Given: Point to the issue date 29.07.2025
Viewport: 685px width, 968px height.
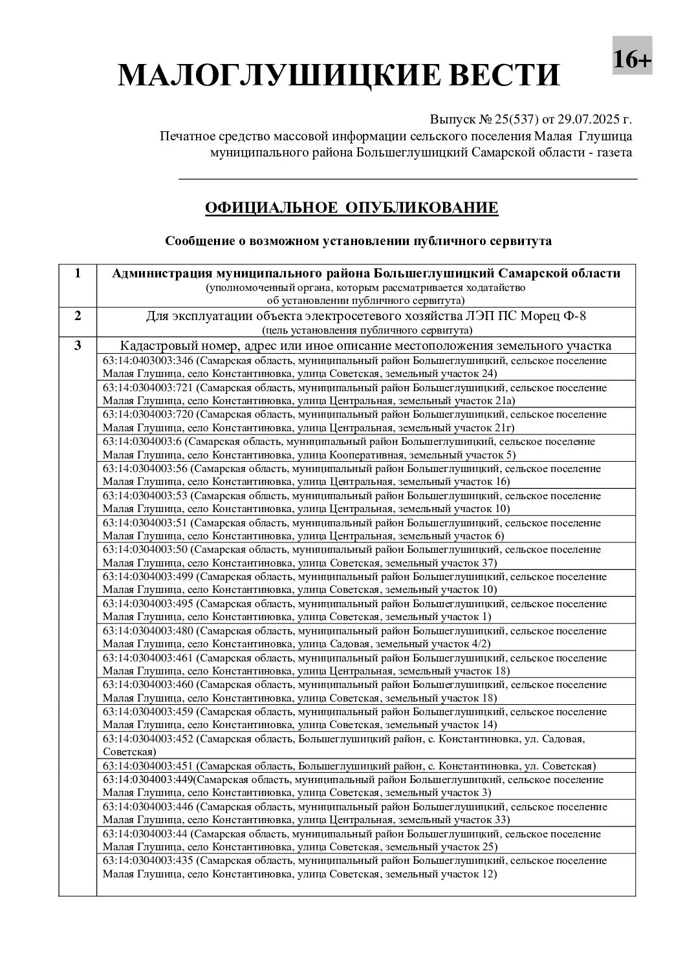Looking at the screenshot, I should click(587, 120).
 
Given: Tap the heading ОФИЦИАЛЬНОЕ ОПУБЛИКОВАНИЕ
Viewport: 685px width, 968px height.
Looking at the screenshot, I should click(351, 208).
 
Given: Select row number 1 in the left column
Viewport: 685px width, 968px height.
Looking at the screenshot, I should click(78, 273).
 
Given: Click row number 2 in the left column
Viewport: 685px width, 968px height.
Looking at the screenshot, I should click(78, 316).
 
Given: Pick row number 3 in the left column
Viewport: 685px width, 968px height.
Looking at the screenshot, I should click(78, 345).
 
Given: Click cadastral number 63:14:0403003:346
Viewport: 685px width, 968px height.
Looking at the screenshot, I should click(148, 361).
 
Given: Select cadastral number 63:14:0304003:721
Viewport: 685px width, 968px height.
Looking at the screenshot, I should click(148, 388).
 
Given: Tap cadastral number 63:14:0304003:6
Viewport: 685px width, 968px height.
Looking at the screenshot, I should click(142, 442).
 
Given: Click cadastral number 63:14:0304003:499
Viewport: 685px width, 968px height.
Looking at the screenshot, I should click(148, 576).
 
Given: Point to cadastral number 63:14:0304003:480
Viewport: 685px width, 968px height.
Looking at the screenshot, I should click(148, 630).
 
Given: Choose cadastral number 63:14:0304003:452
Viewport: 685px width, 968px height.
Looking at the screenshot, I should click(148, 738).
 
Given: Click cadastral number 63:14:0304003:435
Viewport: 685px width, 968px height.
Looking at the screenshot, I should click(148, 861).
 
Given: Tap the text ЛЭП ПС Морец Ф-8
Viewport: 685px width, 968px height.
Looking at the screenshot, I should click(537, 316).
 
